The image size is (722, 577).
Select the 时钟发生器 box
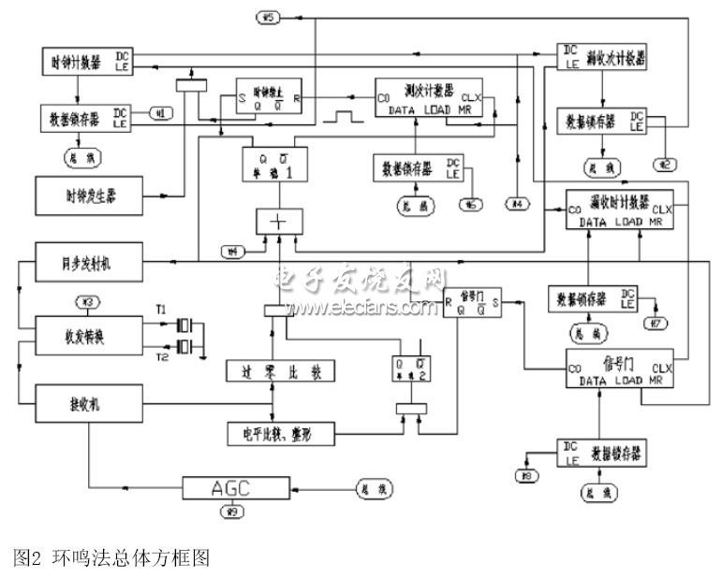point(88,195)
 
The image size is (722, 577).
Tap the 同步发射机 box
point(88,259)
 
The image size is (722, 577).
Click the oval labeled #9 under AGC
point(228,512)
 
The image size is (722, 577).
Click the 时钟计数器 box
point(88,64)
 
